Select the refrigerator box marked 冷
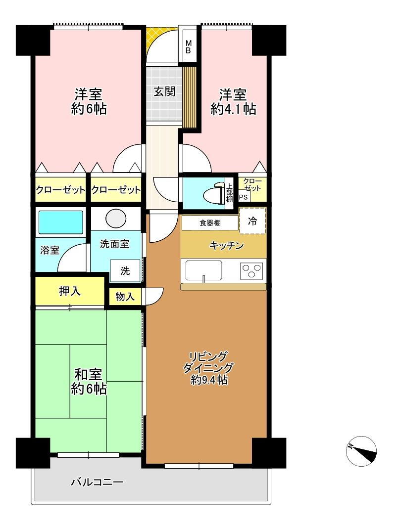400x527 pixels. [252, 221]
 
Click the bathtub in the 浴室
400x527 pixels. [60, 222]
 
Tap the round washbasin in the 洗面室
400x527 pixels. [116, 218]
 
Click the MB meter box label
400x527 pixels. [189, 47]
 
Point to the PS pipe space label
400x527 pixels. [244, 197]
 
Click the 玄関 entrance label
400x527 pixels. [164, 91]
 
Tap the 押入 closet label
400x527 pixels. [70, 291]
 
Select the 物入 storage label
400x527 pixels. [125, 296]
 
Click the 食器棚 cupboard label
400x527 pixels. [210, 223]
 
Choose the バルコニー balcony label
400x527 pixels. [97, 482]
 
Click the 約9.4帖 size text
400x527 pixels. [209, 380]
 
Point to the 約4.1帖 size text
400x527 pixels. [233, 109]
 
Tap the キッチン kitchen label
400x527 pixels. [227, 246]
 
